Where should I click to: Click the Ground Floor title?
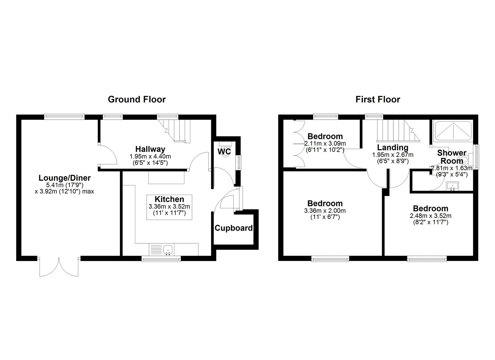(x=137, y=99)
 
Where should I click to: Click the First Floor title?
(x=378, y=99)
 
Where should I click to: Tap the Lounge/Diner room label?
(x=64, y=178)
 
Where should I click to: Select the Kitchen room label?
(x=169, y=199)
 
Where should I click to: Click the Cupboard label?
(x=234, y=228)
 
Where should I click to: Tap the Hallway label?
(x=150, y=149)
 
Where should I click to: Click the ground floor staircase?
(x=175, y=130)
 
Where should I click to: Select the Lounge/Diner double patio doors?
(x=59, y=267)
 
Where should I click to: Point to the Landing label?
(x=392, y=147)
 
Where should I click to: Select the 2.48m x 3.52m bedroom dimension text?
(x=430, y=216)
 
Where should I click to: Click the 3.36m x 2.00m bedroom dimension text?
(x=325, y=211)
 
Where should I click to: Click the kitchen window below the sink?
(x=161, y=259)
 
